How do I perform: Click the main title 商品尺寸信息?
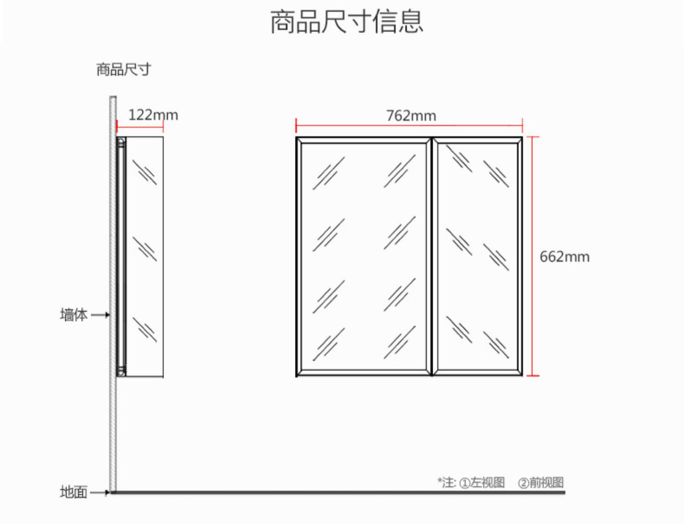347,21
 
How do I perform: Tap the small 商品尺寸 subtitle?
123,69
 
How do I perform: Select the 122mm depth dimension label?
153,115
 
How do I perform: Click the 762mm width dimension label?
411,116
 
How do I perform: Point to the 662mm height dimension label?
564,256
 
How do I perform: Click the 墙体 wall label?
73,314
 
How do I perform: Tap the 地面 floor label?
73,492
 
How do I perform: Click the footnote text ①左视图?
482,482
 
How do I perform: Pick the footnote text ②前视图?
541,482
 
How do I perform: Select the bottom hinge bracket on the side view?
121,370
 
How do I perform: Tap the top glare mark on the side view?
145,172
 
